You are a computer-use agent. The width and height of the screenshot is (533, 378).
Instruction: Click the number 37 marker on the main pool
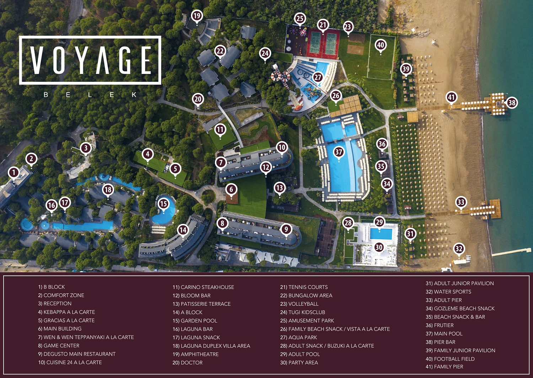[x=339, y=152]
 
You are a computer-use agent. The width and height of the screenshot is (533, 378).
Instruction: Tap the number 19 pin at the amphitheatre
[x=197, y=16]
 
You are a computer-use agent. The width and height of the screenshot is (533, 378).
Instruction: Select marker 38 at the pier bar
[x=512, y=103]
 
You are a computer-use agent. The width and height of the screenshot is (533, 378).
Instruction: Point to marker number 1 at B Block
[x=14, y=173]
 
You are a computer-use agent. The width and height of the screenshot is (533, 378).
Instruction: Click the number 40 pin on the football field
[x=381, y=45]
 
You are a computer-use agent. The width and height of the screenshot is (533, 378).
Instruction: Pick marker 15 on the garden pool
[x=163, y=204]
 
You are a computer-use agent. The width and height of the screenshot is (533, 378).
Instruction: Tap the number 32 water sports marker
[x=459, y=249]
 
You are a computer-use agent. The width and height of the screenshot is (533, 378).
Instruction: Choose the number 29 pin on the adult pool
[x=379, y=222]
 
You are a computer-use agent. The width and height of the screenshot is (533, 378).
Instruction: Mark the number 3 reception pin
[x=86, y=148]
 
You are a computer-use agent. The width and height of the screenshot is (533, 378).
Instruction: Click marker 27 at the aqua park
[x=318, y=77]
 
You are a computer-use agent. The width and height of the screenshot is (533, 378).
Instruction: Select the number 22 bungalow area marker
[x=220, y=51]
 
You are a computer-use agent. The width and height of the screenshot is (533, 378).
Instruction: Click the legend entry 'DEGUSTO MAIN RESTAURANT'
[x=77, y=354]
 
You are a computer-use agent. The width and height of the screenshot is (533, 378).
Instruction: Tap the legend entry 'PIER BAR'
[x=440, y=342]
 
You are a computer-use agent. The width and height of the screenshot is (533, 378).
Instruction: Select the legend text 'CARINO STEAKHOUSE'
[x=203, y=287]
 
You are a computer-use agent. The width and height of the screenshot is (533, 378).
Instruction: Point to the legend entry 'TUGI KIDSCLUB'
[x=302, y=313]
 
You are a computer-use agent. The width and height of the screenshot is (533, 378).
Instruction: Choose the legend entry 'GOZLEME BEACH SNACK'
[x=460, y=309]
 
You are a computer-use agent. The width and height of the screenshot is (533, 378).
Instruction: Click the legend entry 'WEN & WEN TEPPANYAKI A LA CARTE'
[x=86, y=337]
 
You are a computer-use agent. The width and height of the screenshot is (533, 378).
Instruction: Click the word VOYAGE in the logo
[x=90, y=60]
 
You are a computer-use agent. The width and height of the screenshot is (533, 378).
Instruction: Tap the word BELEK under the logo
[x=90, y=95]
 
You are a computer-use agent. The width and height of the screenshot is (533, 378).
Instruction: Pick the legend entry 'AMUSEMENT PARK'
[x=307, y=321]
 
